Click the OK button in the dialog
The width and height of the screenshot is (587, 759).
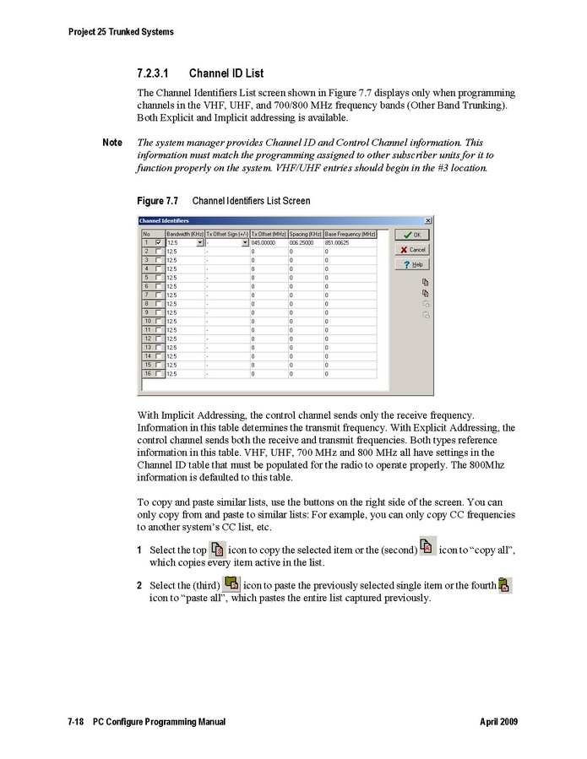coord(412,235)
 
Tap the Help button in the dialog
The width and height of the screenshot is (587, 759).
coord(412,264)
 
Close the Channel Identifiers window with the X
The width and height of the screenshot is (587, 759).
coord(428,220)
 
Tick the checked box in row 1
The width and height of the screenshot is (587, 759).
coord(158,242)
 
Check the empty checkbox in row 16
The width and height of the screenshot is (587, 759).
coord(158,373)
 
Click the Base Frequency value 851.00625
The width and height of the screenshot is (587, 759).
coord(339,242)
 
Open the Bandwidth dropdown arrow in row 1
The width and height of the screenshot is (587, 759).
coord(199,242)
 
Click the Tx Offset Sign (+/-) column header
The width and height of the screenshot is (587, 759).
coord(227,233)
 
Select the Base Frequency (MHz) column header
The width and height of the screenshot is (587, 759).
coord(350,233)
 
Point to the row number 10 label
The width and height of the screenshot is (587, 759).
coord(147,321)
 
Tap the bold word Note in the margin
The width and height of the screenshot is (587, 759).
coord(112,143)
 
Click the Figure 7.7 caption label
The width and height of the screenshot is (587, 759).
coord(157,201)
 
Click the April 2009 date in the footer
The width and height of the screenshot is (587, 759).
coord(498,723)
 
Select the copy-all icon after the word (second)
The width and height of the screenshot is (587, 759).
coord(427,546)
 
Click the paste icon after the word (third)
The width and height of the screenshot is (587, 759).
coord(231,582)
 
